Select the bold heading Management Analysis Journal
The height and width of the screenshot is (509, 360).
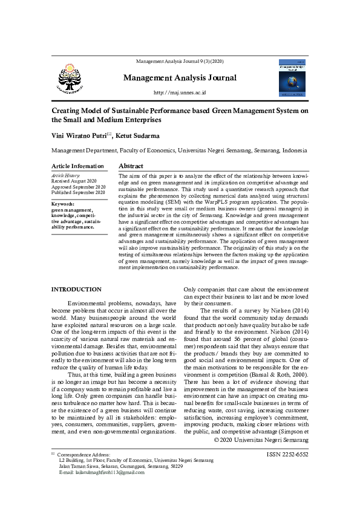[180, 77]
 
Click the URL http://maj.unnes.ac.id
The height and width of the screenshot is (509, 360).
[180, 92]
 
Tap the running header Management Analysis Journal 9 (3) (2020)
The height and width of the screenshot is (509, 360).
[180, 62]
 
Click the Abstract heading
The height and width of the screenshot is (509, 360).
[131, 166]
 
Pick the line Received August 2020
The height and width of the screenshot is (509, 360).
[74, 181]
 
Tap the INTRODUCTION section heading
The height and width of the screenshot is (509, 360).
[76, 290]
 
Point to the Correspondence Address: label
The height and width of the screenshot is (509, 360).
[84, 455]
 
